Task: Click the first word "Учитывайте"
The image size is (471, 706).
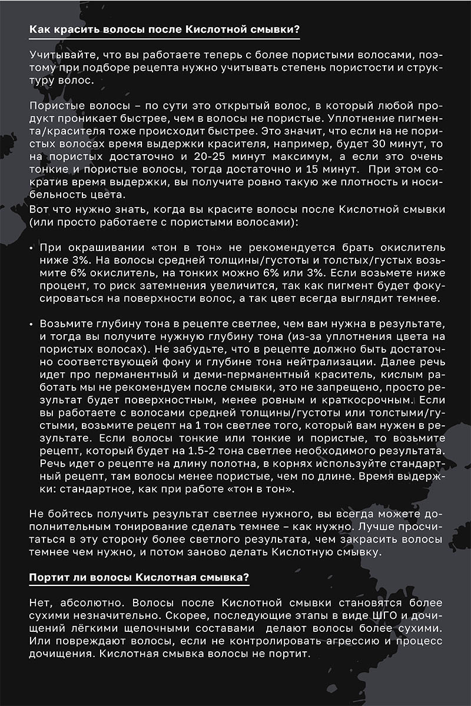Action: tap(58, 55)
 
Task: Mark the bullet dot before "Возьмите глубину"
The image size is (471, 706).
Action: tap(31, 324)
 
